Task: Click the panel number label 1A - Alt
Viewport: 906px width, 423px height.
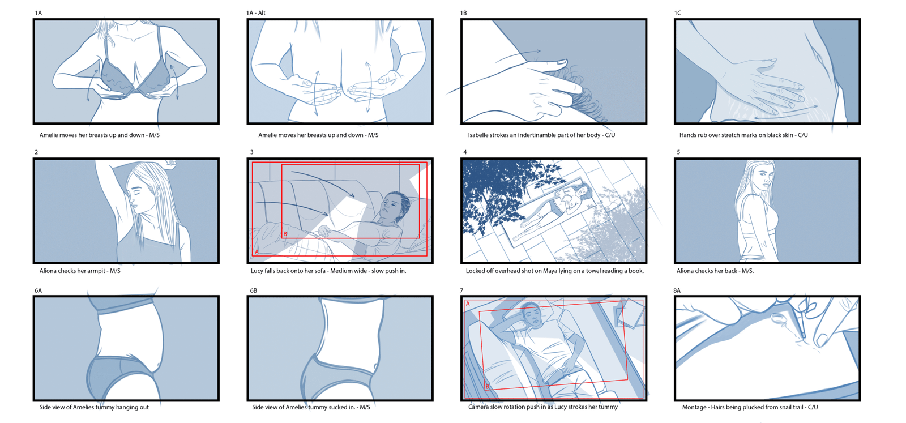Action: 255,13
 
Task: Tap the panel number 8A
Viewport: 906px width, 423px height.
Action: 677,290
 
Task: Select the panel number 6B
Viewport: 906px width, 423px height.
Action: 253,290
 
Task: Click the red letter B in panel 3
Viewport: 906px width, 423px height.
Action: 285,234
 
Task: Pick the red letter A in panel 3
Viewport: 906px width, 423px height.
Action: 257,252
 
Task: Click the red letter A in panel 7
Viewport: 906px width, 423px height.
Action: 468,304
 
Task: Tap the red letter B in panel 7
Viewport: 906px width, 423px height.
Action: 488,387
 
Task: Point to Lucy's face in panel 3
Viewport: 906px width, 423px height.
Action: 390,206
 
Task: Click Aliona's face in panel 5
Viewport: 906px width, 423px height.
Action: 763,176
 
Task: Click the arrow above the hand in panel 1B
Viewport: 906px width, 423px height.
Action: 518,56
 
